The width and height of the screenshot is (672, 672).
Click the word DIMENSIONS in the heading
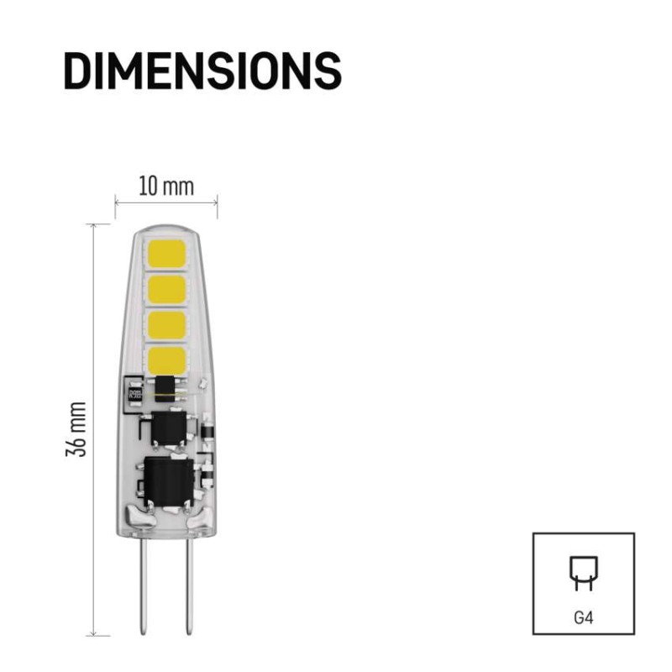tap(202, 71)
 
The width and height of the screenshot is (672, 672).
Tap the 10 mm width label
tap(166, 186)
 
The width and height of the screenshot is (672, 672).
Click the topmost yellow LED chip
tap(166, 254)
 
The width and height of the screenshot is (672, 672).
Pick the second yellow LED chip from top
tap(166, 291)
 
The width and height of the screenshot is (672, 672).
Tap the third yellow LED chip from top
tap(166, 326)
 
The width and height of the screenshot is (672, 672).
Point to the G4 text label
tap(583, 617)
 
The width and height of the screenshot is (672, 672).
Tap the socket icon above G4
tap(583, 573)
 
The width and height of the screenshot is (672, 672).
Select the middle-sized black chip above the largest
tap(171, 428)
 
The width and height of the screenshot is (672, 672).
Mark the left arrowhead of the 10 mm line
tap(118, 202)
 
